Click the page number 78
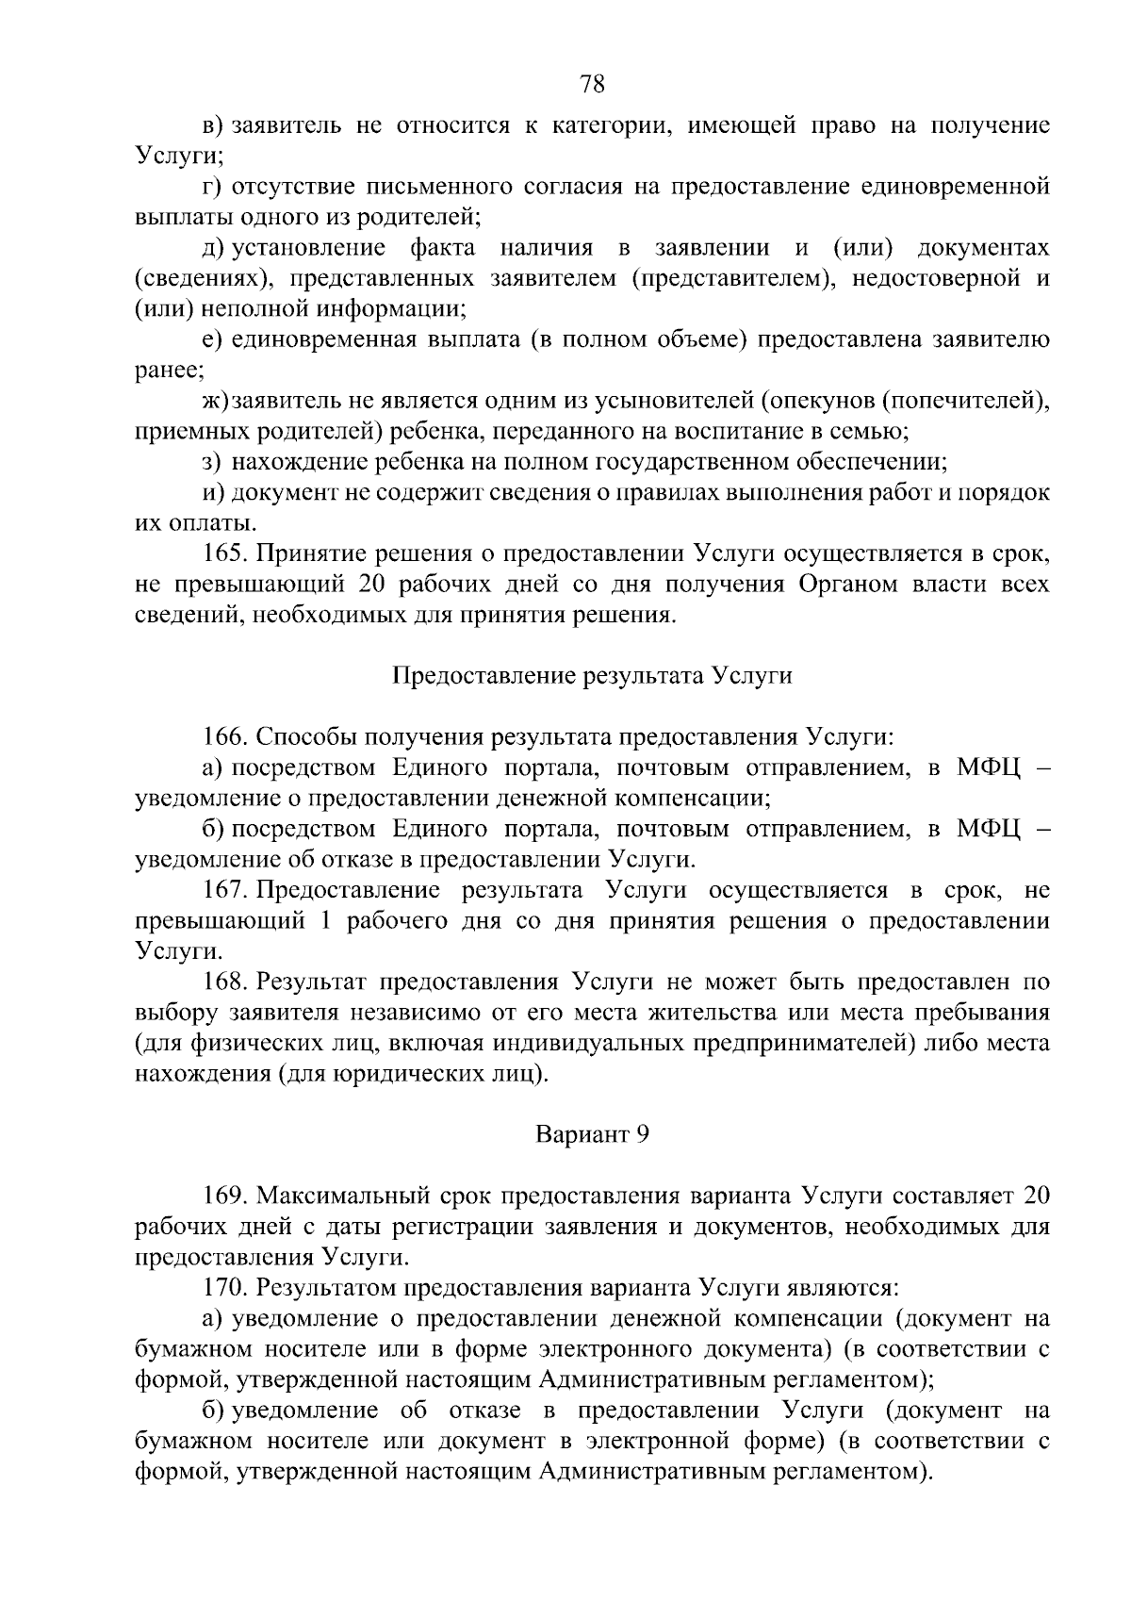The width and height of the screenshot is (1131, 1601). (x=592, y=84)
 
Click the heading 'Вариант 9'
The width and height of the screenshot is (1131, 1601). (x=592, y=1134)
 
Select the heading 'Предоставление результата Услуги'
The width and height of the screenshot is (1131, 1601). (x=592, y=676)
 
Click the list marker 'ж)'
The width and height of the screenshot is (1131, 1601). (x=216, y=401)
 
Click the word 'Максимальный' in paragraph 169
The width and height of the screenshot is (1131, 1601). (x=342, y=1197)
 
